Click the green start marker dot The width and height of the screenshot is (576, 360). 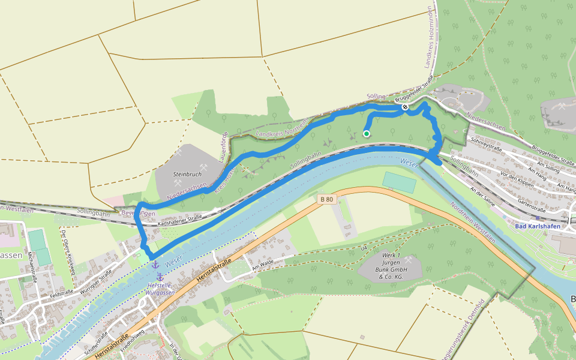(x=367, y=134)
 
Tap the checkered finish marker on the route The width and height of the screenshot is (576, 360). (x=406, y=107)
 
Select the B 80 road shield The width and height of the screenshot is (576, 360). (x=326, y=199)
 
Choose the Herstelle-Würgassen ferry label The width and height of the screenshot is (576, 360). (x=161, y=289)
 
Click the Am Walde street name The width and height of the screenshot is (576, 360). (x=262, y=266)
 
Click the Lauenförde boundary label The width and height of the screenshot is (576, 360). (x=225, y=144)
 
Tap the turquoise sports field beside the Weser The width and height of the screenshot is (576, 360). (x=399, y=182)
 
